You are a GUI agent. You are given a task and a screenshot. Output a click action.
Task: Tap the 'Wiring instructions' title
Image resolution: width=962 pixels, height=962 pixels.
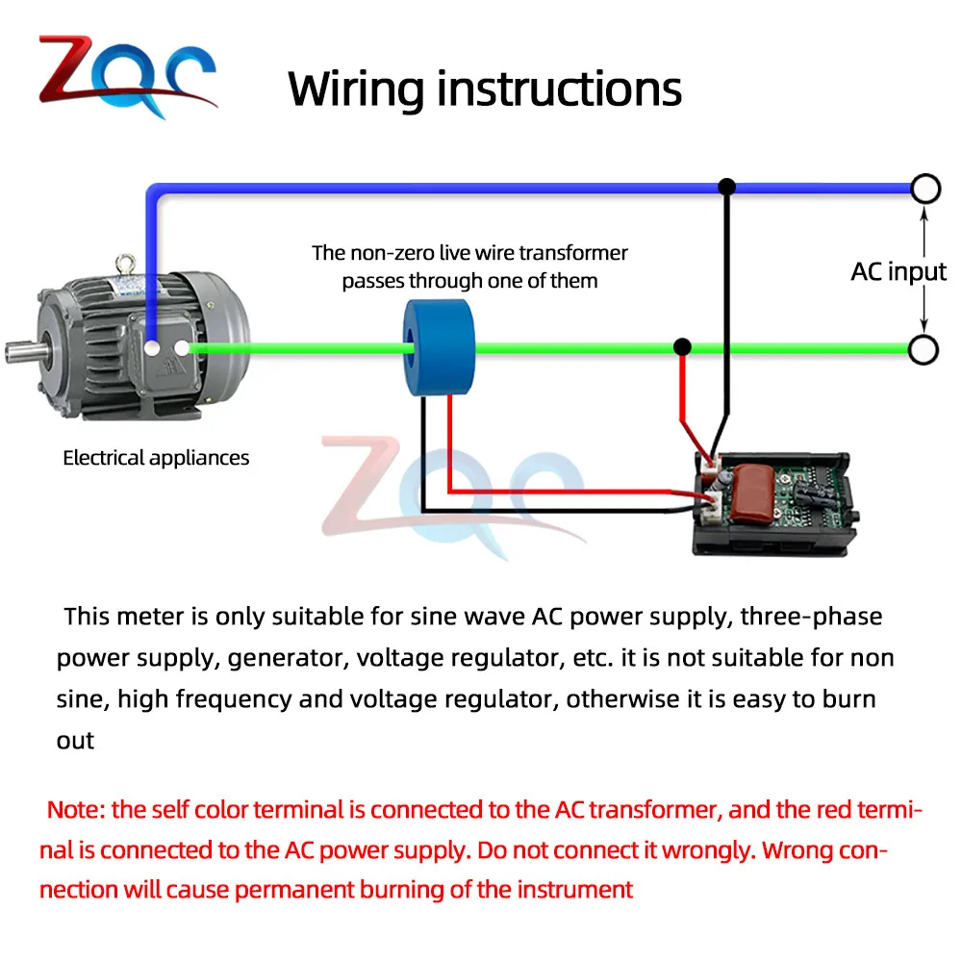pos(485,89)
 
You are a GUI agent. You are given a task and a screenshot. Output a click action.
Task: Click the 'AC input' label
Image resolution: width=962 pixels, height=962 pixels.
pos(899,271)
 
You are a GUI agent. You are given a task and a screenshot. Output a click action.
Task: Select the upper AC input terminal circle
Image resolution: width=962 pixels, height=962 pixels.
pos(924,189)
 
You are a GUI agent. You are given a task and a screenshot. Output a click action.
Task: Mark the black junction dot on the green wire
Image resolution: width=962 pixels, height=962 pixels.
pos(682,347)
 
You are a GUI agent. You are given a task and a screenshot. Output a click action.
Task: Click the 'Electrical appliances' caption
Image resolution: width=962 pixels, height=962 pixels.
pos(156,458)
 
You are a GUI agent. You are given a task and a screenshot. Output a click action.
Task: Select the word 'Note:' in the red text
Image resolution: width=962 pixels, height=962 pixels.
pos(76,809)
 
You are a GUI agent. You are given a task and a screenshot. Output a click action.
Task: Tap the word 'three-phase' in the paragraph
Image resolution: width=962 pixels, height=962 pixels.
pos(811,616)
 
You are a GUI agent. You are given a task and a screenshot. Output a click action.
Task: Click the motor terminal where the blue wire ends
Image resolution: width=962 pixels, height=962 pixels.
pos(152,347)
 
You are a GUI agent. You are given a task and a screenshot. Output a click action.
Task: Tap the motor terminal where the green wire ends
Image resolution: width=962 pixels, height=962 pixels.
pos(184,348)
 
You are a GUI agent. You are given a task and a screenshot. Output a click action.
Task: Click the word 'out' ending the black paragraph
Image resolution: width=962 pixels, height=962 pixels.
pos(76,741)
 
